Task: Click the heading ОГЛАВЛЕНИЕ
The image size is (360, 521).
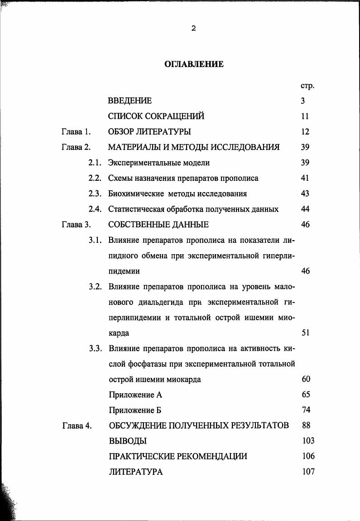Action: tap(193, 64)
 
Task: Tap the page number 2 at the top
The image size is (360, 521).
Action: tap(193, 29)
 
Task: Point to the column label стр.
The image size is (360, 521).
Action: tap(307, 86)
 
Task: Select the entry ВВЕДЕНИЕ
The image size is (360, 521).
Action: tap(130, 101)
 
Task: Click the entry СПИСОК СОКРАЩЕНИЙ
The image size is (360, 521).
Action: tap(156, 116)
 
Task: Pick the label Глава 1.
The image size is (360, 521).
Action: tap(76, 132)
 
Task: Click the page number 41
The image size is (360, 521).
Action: tap(305, 178)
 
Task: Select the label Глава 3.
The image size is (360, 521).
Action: tap(76, 224)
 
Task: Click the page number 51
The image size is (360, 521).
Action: tap(305, 333)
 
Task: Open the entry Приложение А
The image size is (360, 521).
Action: tap(135, 395)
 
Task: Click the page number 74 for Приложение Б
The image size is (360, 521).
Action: tap(306, 410)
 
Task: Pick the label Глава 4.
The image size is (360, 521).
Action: tap(77, 426)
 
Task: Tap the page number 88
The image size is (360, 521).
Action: tap(306, 425)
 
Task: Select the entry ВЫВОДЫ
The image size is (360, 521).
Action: tap(128, 441)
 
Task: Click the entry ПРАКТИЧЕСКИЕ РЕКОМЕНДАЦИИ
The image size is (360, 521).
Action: tap(178, 456)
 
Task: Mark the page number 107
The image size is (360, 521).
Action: tap(308, 472)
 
